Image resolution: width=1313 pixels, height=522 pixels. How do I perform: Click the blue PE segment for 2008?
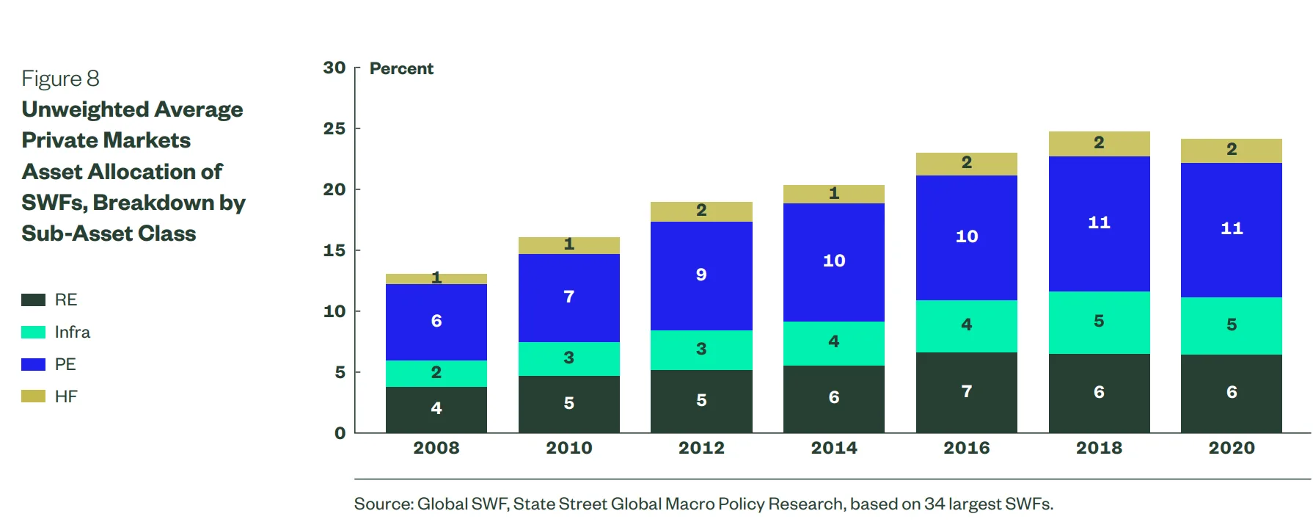[436, 322]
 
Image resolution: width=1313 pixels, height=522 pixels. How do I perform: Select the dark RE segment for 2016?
[966, 392]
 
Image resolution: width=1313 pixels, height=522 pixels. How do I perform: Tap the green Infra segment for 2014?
[833, 343]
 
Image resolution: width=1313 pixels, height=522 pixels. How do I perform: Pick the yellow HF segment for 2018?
[1099, 144]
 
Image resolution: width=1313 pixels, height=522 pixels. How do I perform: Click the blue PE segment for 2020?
[1231, 230]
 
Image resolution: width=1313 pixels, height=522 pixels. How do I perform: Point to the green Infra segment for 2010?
[568, 358]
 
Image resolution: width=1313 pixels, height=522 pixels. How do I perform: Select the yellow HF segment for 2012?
[701, 211]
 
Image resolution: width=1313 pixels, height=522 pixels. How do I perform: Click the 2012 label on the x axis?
[701, 448]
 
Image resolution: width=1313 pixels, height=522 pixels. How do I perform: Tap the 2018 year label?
[1099, 448]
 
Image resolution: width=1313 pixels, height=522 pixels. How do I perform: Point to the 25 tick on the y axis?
[334, 128]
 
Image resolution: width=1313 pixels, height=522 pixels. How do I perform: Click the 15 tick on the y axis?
[334, 250]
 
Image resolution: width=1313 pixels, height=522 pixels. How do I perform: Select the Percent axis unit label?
[401, 69]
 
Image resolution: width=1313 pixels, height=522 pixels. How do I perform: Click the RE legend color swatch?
[33, 300]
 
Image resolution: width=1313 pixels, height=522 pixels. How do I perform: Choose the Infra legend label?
[72, 332]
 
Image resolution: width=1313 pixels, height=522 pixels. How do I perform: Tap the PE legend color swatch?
[33, 364]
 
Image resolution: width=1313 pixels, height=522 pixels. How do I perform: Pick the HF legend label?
[66, 396]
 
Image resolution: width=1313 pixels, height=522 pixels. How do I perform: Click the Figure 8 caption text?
[60, 79]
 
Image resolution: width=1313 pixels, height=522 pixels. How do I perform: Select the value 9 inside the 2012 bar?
[701, 275]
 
